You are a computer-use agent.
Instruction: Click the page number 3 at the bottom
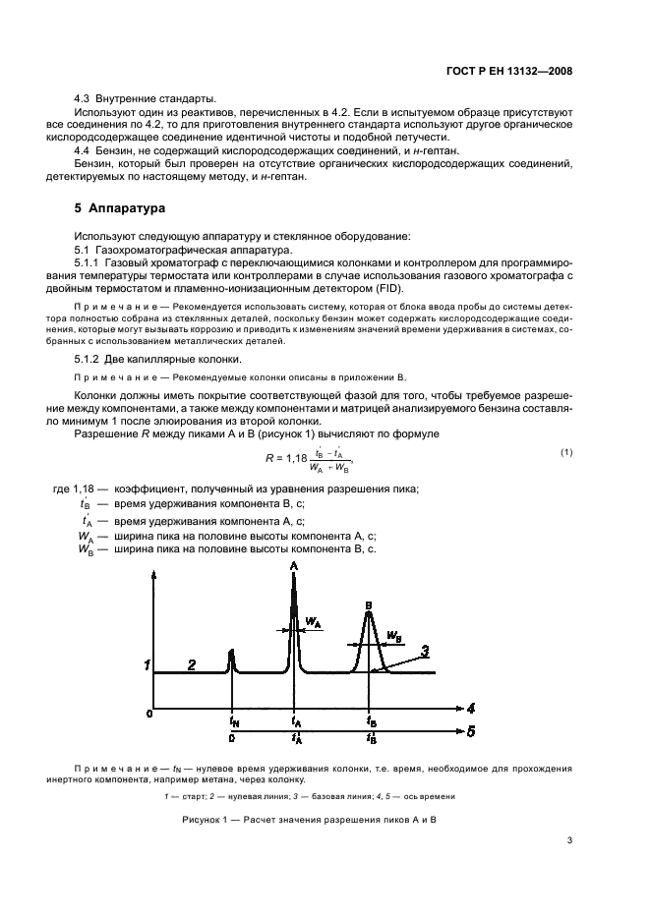569,839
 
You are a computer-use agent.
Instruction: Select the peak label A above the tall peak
294,567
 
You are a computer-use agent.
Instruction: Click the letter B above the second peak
368,604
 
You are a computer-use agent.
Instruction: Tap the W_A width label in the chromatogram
313,622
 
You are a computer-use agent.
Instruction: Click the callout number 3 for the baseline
424,650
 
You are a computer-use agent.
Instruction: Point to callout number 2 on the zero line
193,665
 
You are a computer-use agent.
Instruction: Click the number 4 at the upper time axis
472,707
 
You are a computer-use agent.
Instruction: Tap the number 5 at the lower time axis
472,732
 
